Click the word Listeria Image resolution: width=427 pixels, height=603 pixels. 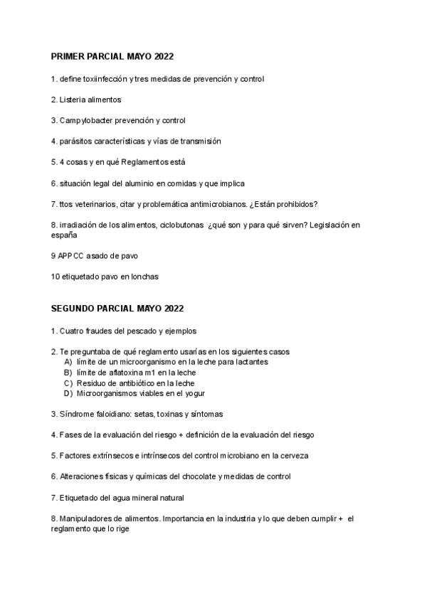[73, 100]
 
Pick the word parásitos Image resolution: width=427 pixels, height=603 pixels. [76, 141]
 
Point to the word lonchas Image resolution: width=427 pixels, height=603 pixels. [142, 276]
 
